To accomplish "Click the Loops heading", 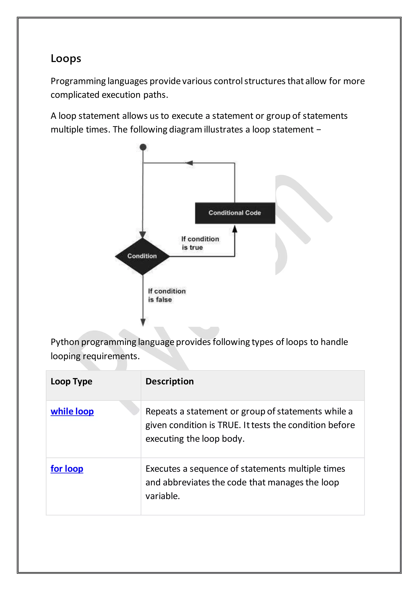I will point(66,59).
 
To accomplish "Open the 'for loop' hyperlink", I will point(67,469).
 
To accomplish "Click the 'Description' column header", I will point(170,381).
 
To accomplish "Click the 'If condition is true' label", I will point(200,243).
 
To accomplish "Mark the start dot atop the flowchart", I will point(143,147).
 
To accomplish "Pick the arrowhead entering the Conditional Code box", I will point(235,229).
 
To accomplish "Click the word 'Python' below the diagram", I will point(65,342).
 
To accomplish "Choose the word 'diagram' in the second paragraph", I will point(185,130).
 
